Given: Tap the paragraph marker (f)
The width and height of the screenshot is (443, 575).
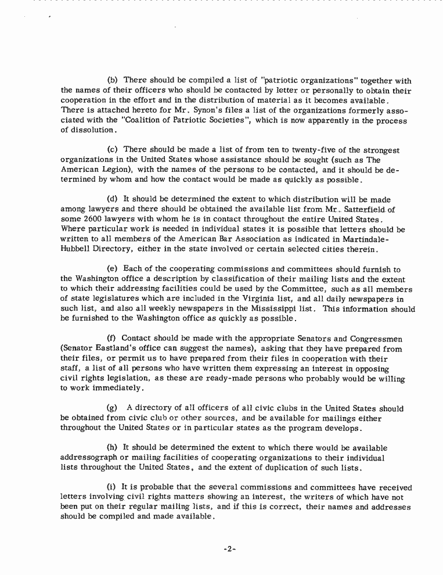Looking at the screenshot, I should pyautogui.click(x=113, y=339).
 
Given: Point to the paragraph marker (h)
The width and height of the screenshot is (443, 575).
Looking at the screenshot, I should pyautogui.click(x=113, y=448).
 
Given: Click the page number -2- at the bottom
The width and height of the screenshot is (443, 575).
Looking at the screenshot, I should pyautogui.click(x=230, y=548).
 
